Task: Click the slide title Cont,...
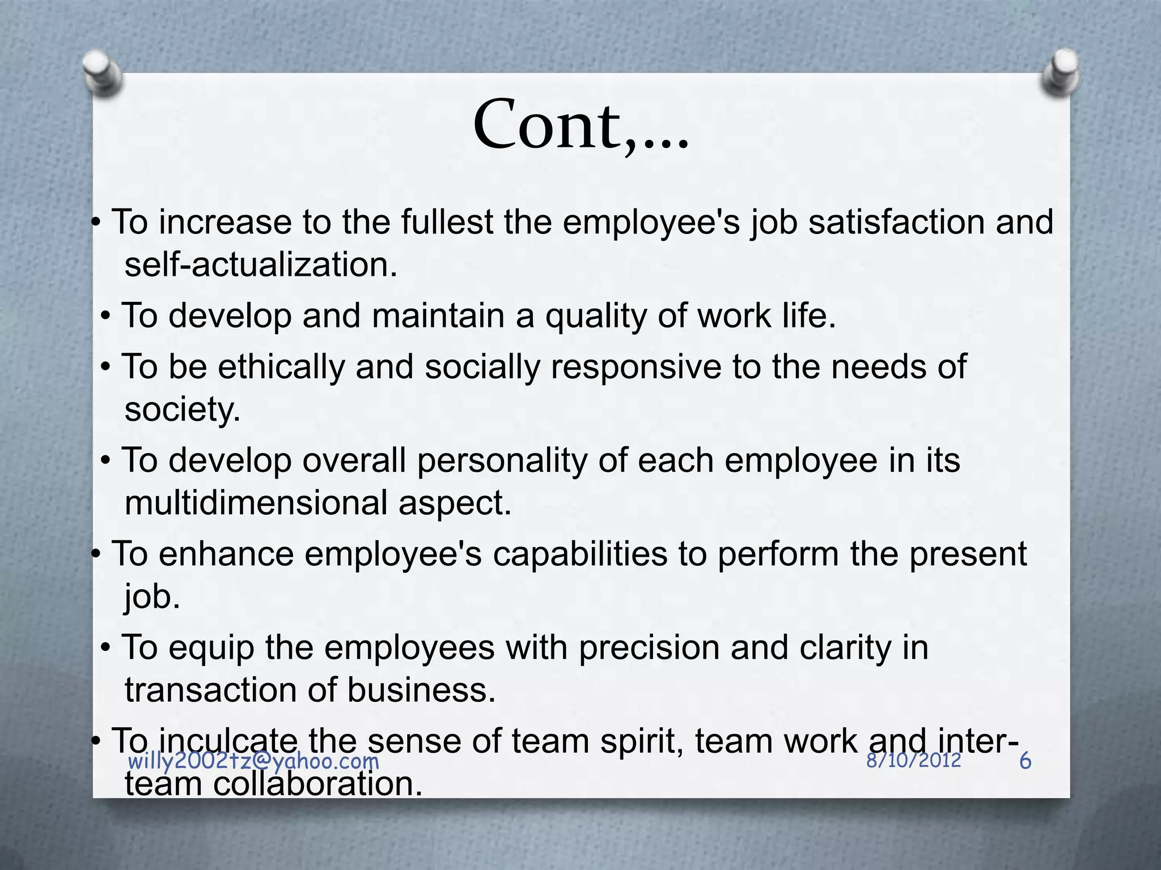point(580,126)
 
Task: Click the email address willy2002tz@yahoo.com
point(253,761)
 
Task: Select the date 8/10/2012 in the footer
point(913,760)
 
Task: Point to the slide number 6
point(1025,761)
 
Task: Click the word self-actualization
point(261,265)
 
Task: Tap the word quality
point(595,315)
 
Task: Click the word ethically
point(281,366)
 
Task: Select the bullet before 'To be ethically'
point(106,367)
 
